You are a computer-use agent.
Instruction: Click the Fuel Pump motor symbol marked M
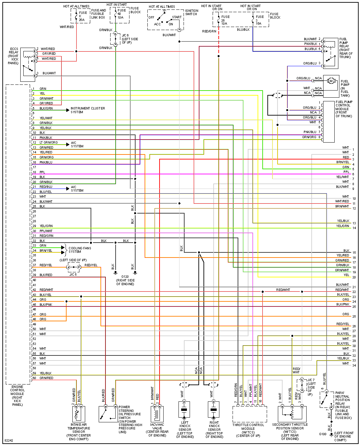pyautogui.click(x=331, y=81)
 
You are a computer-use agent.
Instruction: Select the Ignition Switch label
pyautogui.click(x=192, y=13)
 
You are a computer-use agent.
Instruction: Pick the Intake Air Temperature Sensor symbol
pyautogui.click(x=79, y=414)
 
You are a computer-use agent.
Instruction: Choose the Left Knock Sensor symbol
pyautogui.click(x=184, y=410)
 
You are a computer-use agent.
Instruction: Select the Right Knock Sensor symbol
pyautogui.click(x=214, y=410)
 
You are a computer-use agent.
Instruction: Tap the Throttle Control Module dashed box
pyautogui.click(x=250, y=414)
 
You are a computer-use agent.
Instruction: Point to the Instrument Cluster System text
pyautogui.click(x=88, y=110)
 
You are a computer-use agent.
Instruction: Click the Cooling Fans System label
pyautogui.click(x=80, y=250)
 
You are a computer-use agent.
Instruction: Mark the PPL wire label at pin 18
pyautogui.click(x=42, y=172)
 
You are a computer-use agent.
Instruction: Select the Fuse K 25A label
pyautogui.click(x=82, y=16)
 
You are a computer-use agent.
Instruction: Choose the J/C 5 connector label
pyautogui.click(x=73, y=275)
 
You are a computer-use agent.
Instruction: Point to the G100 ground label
pyautogui.click(x=323, y=434)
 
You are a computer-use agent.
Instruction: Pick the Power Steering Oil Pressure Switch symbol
pyautogui.click(x=108, y=414)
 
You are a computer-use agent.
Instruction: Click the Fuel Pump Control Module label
pyautogui.click(x=344, y=109)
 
